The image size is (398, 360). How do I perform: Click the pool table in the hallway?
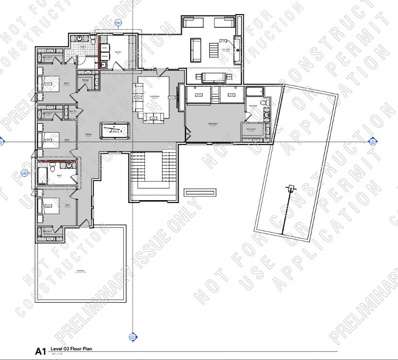tap(115, 130)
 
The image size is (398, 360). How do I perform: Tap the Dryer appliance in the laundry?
tap(104, 48)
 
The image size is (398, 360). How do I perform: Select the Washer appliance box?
tap(104, 56)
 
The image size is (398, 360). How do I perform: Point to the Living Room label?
tap(154, 96)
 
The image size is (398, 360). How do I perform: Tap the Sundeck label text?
tap(81, 271)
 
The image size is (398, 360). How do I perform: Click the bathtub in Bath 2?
tap(42, 174)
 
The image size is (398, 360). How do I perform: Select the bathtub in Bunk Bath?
tap(253, 91)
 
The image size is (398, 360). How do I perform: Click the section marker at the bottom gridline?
tap(133, 336)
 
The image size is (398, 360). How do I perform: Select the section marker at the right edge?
tap(372, 141)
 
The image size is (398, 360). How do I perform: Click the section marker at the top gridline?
tap(118, 22)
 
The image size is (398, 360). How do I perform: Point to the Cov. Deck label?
tap(226, 49)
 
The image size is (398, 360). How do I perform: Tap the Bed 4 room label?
tap(66, 84)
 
